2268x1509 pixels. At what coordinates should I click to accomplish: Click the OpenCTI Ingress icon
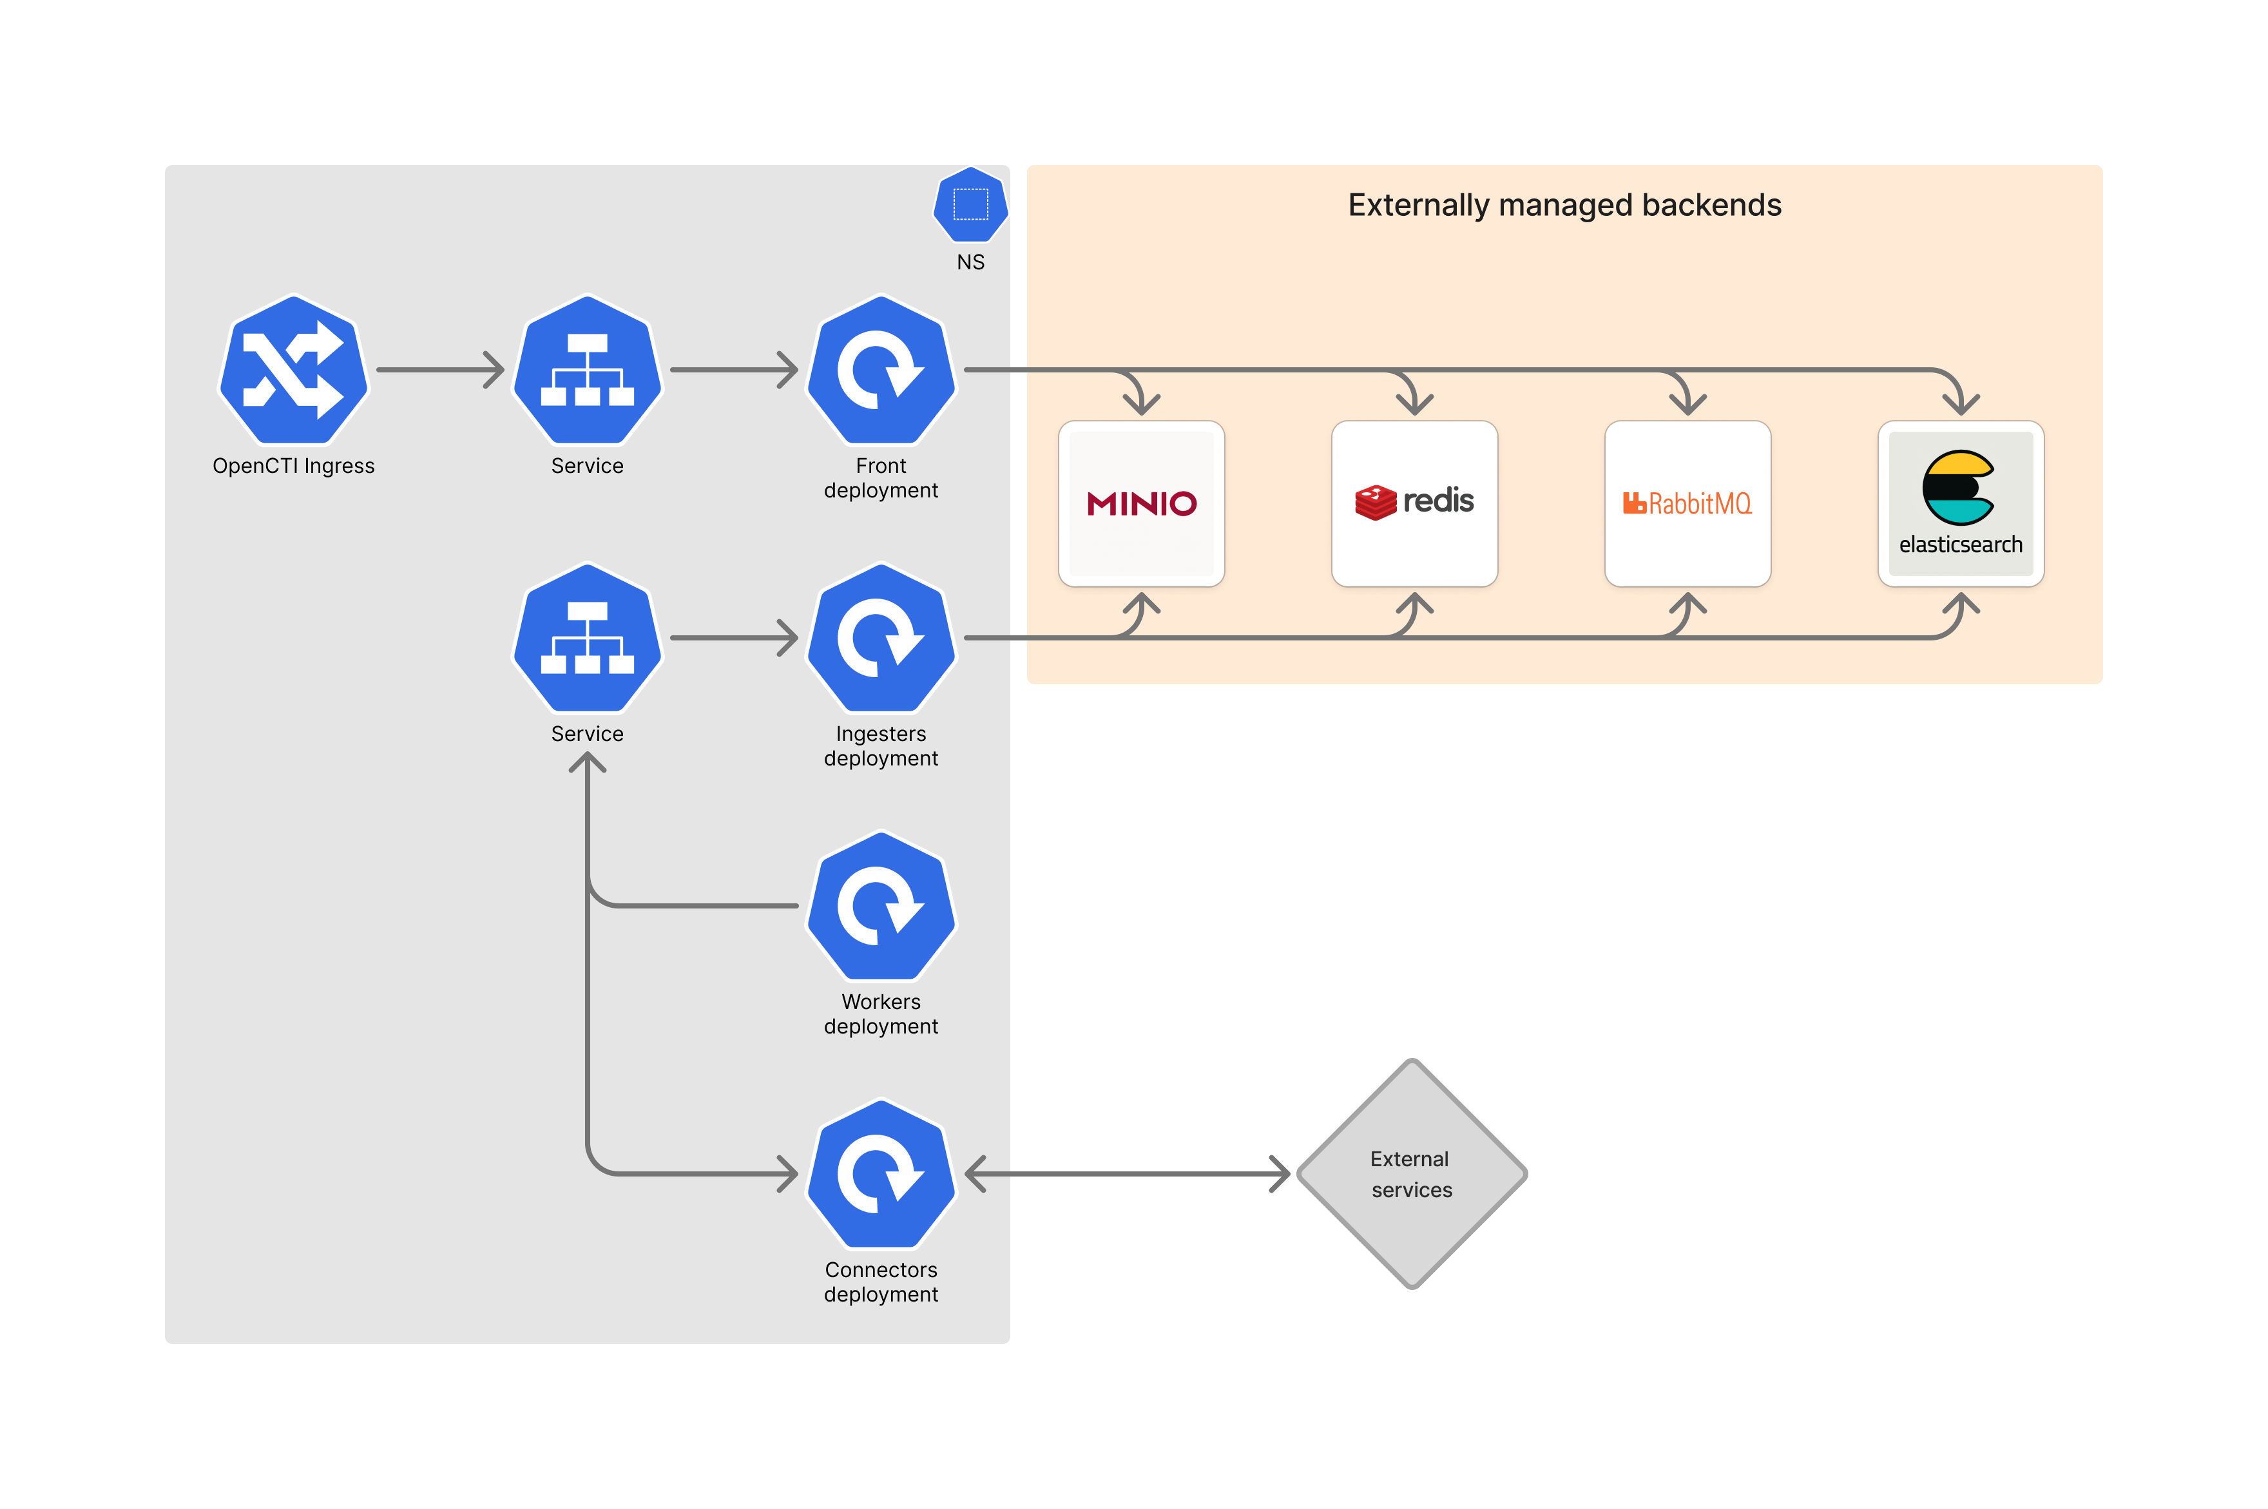(x=293, y=370)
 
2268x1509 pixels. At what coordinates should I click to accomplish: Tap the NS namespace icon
(x=970, y=204)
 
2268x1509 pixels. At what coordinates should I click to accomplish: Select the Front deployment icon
(x=880, y=370)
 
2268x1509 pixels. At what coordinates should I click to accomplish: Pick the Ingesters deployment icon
(x=880, y=638)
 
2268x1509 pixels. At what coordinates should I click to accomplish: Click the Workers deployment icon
(x=880, y=905)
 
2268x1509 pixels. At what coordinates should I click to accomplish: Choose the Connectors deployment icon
(x=880, y=1174)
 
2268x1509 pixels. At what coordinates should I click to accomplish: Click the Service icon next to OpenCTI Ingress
(x=587, y=370)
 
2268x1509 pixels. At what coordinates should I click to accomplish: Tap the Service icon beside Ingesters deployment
(x=587, y=638)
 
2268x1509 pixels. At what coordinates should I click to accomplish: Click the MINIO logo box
(x=1141, y=503)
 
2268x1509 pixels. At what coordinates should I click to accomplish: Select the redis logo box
(x=1414, y=503)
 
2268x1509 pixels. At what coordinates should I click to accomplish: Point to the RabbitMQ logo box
(x=1687, y=503)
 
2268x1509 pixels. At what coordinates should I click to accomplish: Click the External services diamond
(x=1412, y=1174)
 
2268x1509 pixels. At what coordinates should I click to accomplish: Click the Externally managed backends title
(x=1564, y=205)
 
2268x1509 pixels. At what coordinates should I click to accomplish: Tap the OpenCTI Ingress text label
(x=293, y=466)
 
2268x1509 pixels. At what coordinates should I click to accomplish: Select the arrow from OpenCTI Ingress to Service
(x=439, y=370)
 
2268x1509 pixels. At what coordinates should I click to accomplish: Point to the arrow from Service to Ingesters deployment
(x=733, y=638)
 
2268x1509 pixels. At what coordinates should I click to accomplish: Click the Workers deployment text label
(x=880, y=1014)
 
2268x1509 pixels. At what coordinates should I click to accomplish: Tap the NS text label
(x=970, y=262)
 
